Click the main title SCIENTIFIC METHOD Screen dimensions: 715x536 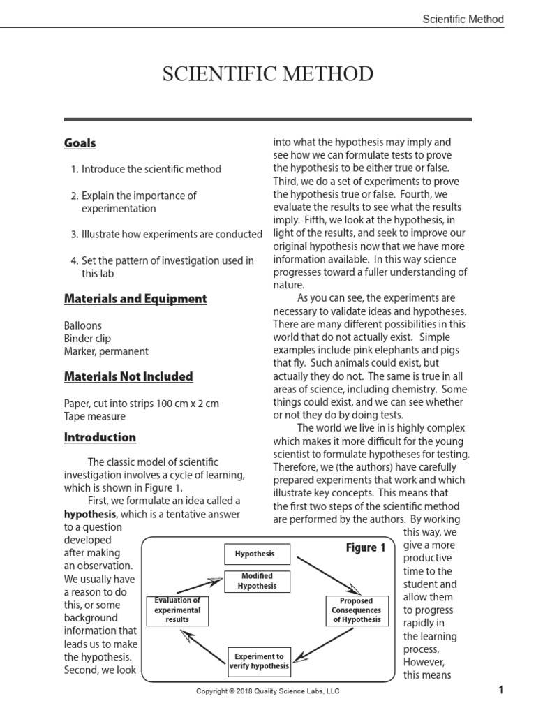coord(268,74)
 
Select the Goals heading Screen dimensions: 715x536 coord(80,143)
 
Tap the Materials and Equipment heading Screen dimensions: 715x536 coord(135,299)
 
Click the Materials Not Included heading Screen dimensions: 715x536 coord(128,376)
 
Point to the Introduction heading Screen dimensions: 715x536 coord(100,438)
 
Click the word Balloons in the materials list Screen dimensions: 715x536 coord(82,325)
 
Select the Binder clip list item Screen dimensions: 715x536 coord(87,339)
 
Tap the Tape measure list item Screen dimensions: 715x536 coord(95,416)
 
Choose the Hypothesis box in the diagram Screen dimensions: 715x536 coord(254,554)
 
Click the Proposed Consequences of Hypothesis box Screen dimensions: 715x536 coord(356,610)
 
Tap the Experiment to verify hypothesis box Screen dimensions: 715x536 coord(259,661)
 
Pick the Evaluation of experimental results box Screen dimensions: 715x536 coord(177,610)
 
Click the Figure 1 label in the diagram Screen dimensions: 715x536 coord(366,548)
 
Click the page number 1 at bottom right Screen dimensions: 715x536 coord(500,691)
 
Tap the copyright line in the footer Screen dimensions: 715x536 coord(268,691)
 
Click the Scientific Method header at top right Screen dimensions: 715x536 coord(463,20)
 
